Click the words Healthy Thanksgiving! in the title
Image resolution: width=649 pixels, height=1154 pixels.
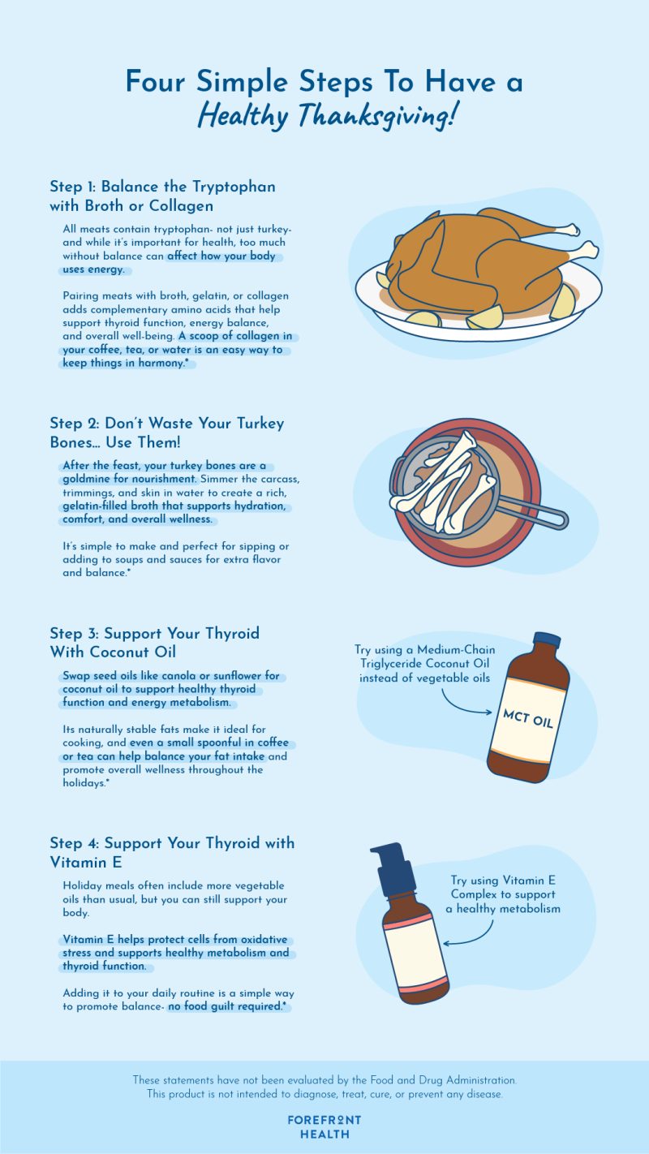(324, 116)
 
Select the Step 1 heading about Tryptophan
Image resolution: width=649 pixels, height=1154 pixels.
(162, 196)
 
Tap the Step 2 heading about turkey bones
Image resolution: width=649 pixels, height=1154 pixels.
(166, 433)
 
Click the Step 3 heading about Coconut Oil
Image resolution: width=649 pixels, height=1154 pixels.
(154, 642)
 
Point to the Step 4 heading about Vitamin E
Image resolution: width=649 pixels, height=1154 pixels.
(171, 852)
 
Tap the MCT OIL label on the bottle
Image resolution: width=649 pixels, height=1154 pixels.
(528, 718)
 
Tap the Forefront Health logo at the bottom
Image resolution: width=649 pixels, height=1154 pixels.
(324, 1126)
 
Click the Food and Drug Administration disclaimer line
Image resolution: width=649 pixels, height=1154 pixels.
(324, 1080)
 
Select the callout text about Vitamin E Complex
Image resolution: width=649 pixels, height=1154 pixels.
(503, 894)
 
